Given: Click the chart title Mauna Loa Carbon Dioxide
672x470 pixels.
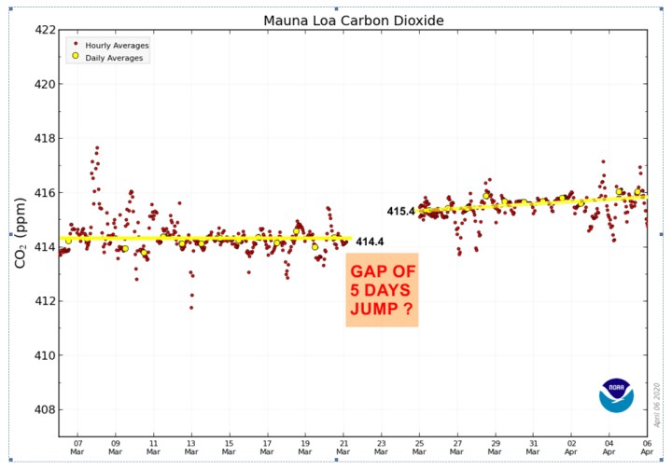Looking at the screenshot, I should tap(353, 20).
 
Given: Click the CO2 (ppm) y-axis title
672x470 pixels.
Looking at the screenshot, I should tap(20, 233).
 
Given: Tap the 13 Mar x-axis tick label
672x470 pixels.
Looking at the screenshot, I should tap(191, 449).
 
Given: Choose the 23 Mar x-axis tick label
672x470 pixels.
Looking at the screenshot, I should tap(382, 449).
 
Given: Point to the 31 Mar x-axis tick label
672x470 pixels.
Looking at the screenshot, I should tap(533, 449).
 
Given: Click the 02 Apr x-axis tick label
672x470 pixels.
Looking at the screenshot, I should tap(571, 449).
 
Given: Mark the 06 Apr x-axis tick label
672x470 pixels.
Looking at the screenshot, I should tap(647, 449).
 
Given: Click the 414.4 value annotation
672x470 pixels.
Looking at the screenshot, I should tap(370, 242).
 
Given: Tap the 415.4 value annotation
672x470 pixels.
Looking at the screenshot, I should tap(400, 212).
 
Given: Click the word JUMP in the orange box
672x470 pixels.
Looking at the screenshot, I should tap(371, 305).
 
